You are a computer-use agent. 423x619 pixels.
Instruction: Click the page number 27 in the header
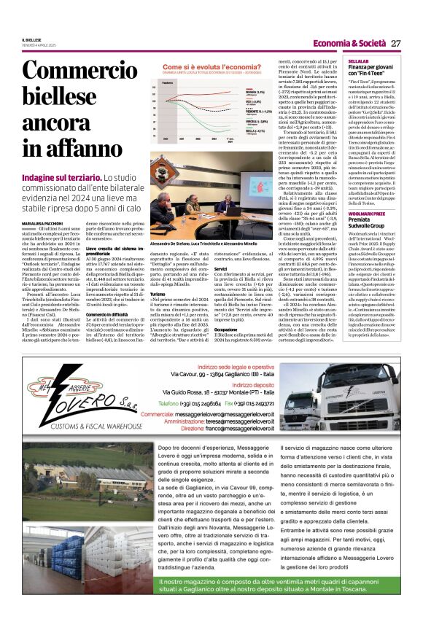point(395,43)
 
